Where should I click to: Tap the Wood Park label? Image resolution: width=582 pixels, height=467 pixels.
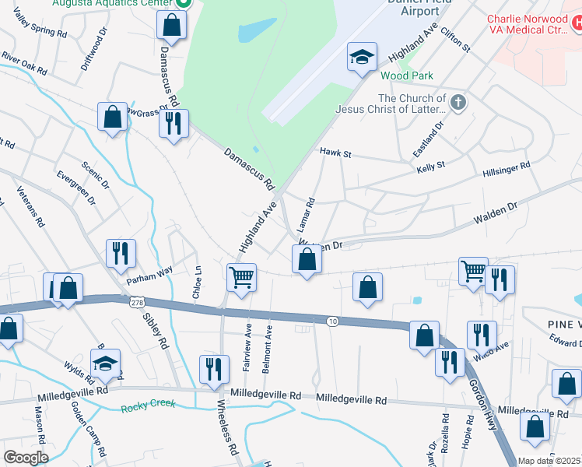point(407,75)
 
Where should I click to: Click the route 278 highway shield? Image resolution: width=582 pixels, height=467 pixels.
point(137,301)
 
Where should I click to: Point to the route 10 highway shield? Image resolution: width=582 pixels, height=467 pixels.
point(332,321)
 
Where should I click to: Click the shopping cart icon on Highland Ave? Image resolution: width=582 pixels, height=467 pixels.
point(241,276)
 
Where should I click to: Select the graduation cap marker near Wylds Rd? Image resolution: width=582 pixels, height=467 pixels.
point(105,363)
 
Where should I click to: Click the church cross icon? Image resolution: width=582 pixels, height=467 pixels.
point(458,103)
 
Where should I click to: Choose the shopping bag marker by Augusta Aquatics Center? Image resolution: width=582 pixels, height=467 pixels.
point(171,25)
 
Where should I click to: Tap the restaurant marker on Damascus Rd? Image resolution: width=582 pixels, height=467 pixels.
point(174,121)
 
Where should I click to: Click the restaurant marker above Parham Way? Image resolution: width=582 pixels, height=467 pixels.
point(121,253)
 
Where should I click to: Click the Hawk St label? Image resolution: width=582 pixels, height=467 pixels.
point(336,155)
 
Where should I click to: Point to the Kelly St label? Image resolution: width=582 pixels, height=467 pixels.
point(430,167)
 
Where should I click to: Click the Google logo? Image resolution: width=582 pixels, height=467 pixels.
point(26,457)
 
